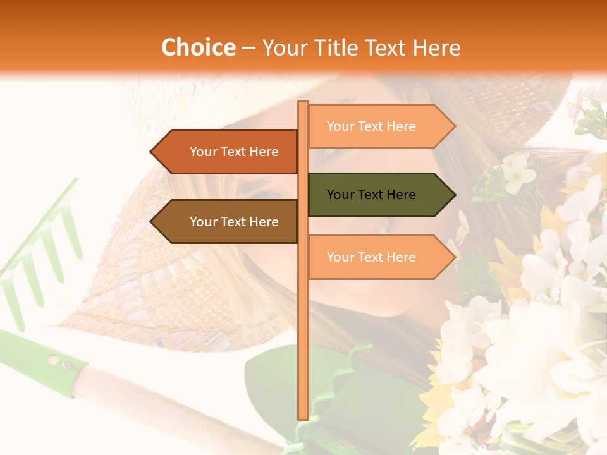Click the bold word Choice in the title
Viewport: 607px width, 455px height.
[x=198, y=47]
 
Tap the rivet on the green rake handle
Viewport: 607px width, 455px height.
[x=66, y=365]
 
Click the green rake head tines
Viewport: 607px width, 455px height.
[x=38, y=253]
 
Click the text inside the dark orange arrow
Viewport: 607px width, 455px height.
[x=234, y=152]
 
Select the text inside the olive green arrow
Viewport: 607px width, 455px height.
[x=371, y=195]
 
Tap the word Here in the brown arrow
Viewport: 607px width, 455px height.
[x=264, y=222]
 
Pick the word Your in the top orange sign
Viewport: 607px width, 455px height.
[x=340, y=126]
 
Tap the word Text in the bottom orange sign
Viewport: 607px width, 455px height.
[x=371, y=257]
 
